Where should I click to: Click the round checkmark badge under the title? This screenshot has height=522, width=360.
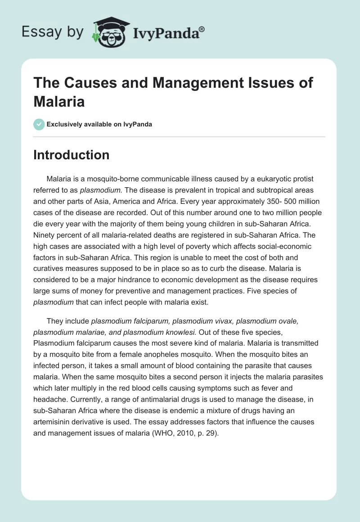point(39,124)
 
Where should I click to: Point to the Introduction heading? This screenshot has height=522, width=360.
point(72,155)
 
